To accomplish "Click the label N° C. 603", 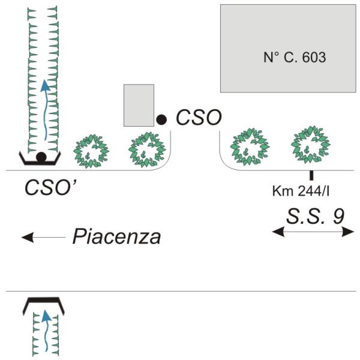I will click(295, 58).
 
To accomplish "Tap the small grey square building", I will click(139, 106).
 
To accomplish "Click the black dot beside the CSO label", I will click(161, 119).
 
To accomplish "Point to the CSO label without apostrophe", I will click(198, 117).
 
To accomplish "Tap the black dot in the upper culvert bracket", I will click(41, 157).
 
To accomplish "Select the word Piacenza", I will click(116, 237).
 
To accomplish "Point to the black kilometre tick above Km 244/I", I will click(311, 176).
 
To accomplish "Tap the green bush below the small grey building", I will click(147, 149).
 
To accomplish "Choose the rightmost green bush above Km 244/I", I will click(310, 144).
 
